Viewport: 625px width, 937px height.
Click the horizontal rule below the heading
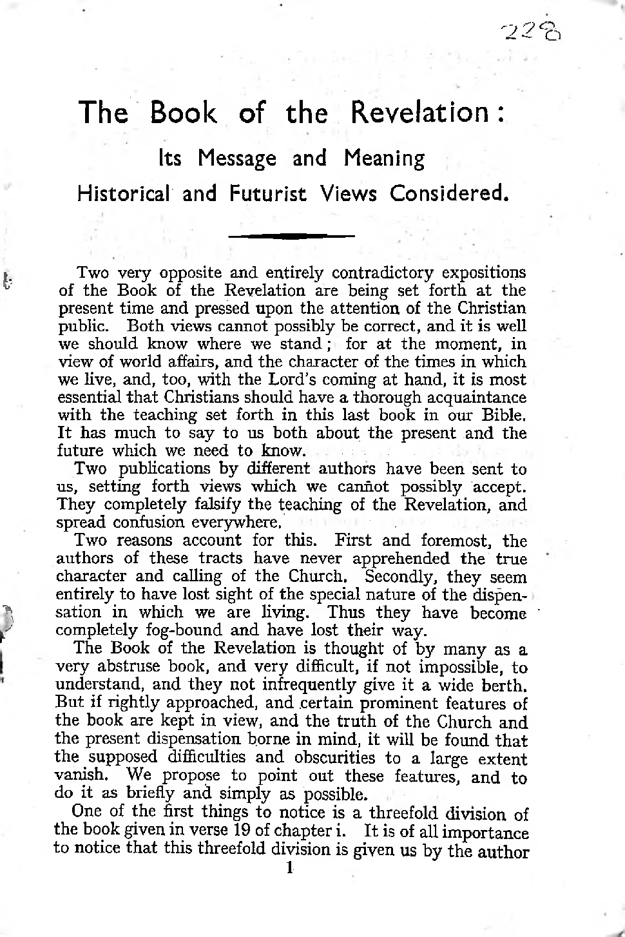tap(291, 236)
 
